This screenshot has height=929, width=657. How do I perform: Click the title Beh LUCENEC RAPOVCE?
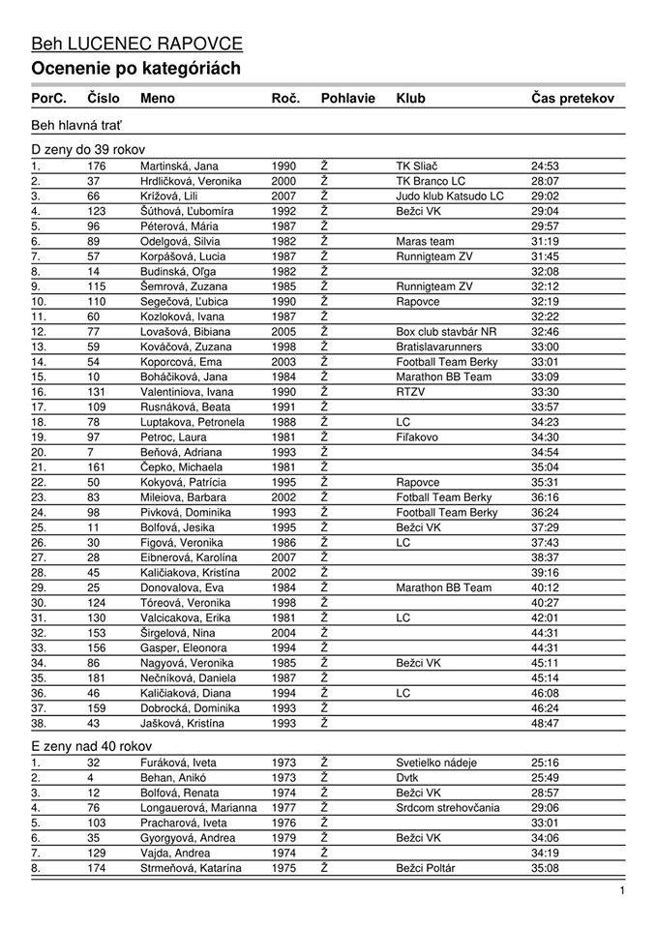tap(136, 44)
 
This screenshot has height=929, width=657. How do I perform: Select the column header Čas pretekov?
tap(572, 99)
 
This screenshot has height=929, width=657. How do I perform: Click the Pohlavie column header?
tap(348, 99)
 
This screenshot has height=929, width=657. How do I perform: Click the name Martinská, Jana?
tap(179, 166)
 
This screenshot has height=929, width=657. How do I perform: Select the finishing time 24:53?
tap(545, 166)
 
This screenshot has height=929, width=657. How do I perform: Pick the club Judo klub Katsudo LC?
tap(450, 196)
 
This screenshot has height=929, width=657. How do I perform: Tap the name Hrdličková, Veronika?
tap(191, 181)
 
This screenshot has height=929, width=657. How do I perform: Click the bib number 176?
tap(97, 166)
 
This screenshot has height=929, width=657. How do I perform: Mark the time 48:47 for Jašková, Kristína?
tap(545, 723)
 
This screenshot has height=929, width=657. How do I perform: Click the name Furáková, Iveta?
tap(177, 763)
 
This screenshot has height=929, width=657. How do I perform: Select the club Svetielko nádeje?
tap(436, 763)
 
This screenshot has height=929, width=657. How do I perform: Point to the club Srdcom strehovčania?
tap(448, 808)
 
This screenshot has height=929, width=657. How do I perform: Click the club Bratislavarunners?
tap(437, 346)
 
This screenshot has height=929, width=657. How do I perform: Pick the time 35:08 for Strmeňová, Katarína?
tap(545, 868)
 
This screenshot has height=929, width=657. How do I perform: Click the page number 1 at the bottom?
tap(622, 891)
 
